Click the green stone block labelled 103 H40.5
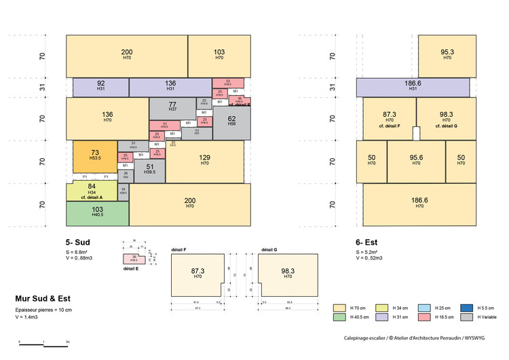coord(97,213)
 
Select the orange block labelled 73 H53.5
coord(96,156)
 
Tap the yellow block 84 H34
coord(92,190)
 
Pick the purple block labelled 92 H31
coord(100,87)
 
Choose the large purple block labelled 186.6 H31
coord(413,87)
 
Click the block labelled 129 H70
coord(204,161)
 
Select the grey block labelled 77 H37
coord(172,107)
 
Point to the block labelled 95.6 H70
coord(416,161)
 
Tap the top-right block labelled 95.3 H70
coord(447,54)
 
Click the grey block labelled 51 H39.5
coord(150,169)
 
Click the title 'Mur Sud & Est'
coord(43,298)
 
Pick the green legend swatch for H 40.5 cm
coord(339,317)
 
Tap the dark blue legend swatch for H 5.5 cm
coord(466,307)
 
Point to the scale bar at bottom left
coord(44,345)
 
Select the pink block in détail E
coord(134,258)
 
